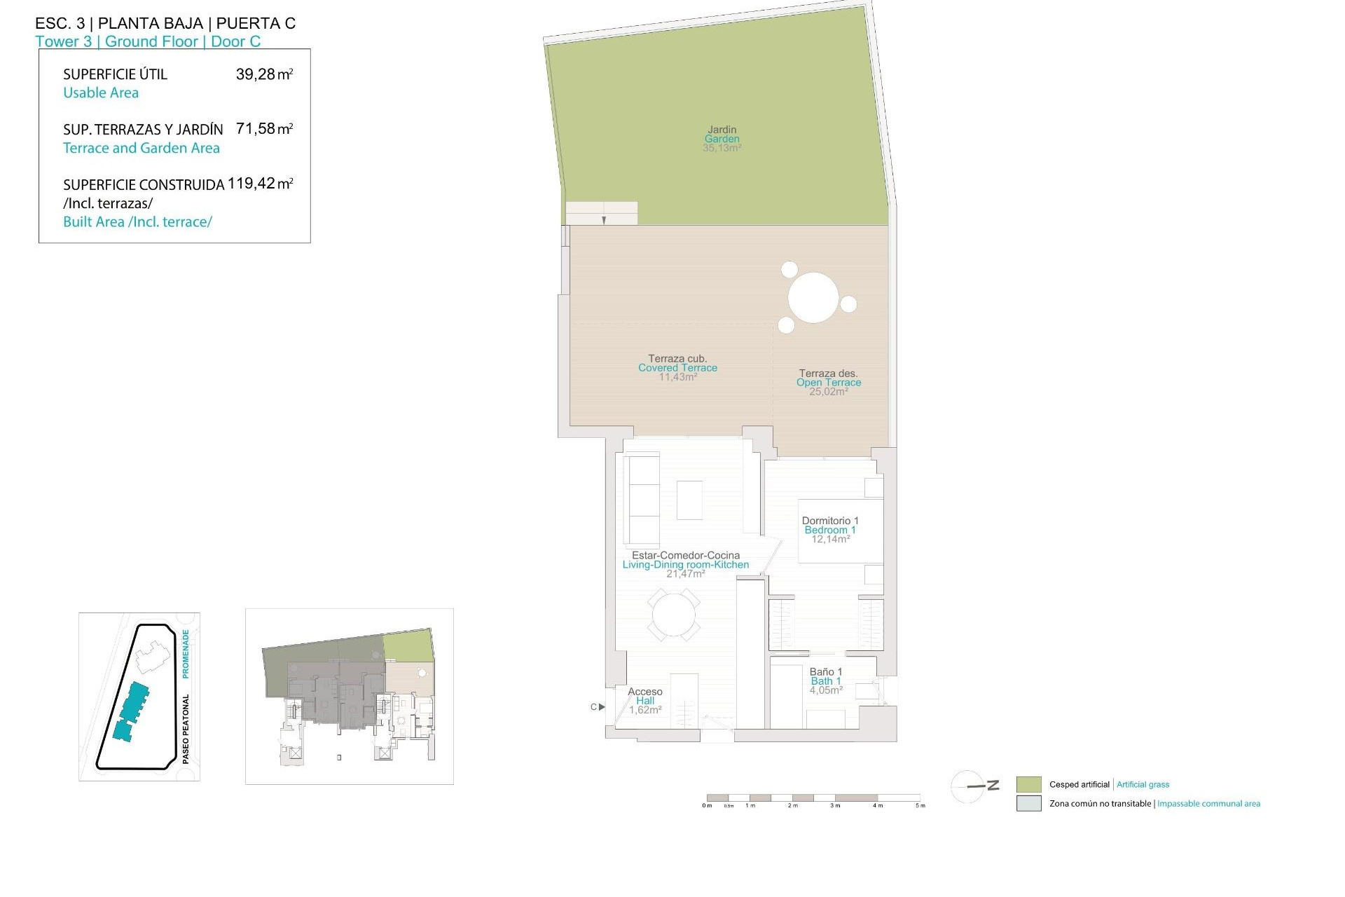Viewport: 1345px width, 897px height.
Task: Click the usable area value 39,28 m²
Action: pyautogui.click(x=264, y=74)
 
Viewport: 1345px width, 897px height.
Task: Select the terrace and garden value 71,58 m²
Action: pyautogui.click(x=264, y=129)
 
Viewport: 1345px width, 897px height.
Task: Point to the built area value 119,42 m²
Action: pyautogui.click(x=260, y=184)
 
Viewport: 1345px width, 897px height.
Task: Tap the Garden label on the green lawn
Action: pyautogui.click(x=722, y=139)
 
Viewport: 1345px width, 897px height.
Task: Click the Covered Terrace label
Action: pyautogui.click(x=677, y=368)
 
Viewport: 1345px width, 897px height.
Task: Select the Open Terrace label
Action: pyautogui.click(x=828, y=383)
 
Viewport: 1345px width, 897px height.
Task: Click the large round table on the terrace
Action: pyautogui.click(x=813, y=298)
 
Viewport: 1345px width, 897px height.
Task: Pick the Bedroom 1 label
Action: pyautogui.click(x=830, y=530)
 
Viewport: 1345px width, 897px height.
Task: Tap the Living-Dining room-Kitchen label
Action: pyautogui.click(x=685, y=565)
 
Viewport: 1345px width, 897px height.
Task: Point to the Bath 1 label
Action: pyautogui.click(x=826, y=681)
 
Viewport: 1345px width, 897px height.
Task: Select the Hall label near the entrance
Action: pyautogui.click(x=645, y=701)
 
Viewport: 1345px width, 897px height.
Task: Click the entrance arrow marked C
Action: pyautogui.click(x=600, y=707)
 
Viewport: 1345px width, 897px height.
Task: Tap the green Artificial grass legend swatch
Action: pyautogui.click(x=1028, y=784)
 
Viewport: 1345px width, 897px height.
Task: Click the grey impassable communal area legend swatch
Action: pyautogui.click(x=1028, y=804)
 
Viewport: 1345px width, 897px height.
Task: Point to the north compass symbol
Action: pyautogui.click(x=970, y=786)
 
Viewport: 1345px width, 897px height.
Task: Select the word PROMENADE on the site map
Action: pyautogui.click(x=186, y=653)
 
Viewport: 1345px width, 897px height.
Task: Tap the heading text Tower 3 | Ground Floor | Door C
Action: pyautogui.click(x=148, y=41)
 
